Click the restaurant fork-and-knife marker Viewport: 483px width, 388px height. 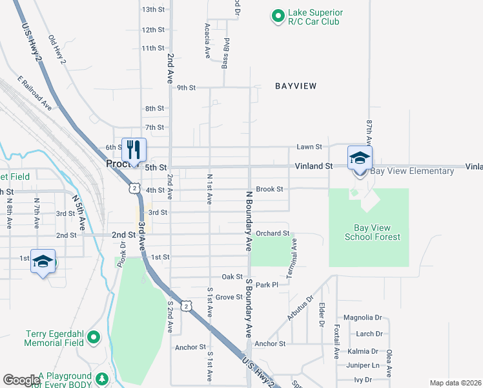[x=134, y=149]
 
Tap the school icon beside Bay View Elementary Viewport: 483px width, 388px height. [x=360, y=157]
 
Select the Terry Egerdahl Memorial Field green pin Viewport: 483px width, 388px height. [x=94, y=337]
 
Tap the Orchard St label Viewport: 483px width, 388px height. [x=272, y=233]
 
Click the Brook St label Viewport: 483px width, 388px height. [x=269, y=189]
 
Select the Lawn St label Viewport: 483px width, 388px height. [x=309, y=147]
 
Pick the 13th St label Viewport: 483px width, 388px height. [x=153, y=9]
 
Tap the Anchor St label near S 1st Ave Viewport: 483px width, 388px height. [x=190, y=347]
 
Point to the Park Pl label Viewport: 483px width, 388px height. [x=266, y=285]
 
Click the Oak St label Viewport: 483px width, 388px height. [x=231, y=277]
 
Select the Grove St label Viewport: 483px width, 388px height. [x=229, y=297]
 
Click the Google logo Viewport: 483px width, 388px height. [x=21, y=380]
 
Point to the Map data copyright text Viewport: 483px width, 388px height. [x=456, y=383]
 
